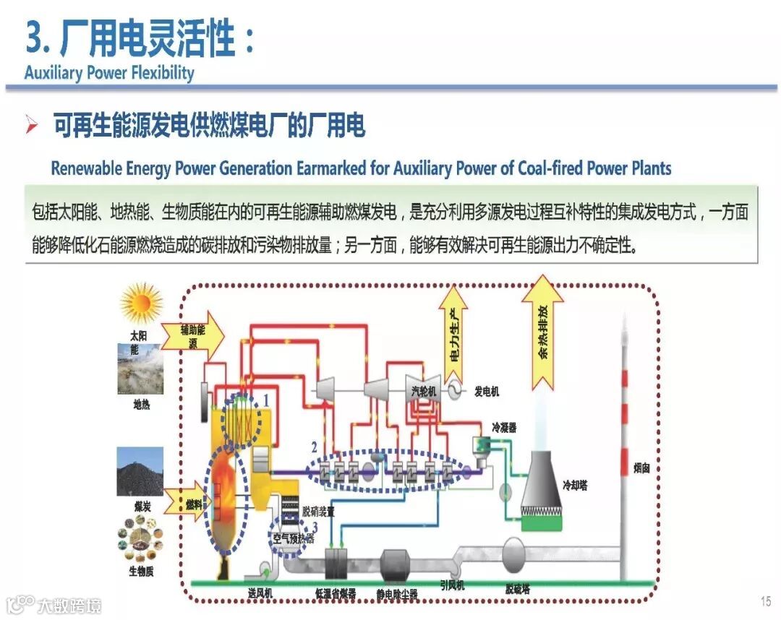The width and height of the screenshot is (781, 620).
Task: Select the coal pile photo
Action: coord(140,471)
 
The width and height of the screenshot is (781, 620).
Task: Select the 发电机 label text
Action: coord(487,392)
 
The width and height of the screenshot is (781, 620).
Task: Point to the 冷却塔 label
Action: coord(575,485)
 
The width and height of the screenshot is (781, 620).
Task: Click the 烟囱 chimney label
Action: coord(642,468)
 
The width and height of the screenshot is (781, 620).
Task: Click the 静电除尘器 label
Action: coord(397,594)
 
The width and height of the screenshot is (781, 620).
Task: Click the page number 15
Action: coord(766,601)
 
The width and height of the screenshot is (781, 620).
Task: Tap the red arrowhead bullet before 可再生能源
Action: coord(32,126)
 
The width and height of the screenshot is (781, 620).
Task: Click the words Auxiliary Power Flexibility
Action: coord(109,73)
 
